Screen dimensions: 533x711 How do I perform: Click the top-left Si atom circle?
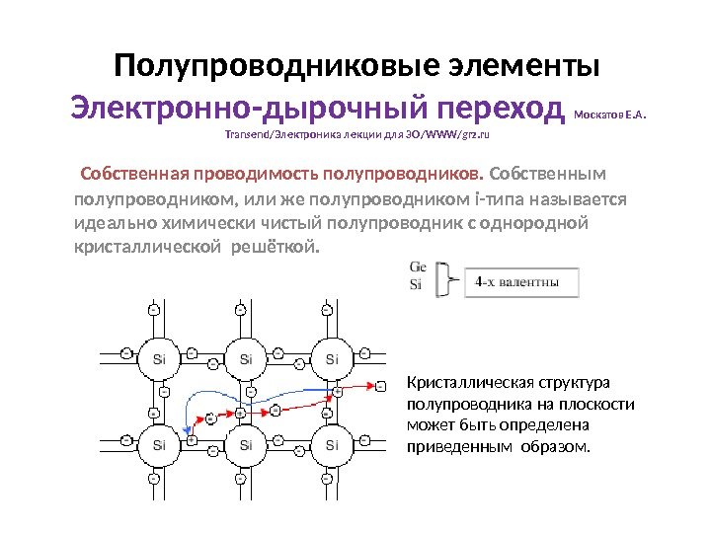(159, 358)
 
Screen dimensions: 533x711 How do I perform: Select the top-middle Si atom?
(245, 358)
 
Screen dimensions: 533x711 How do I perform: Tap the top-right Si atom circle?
(331, 358)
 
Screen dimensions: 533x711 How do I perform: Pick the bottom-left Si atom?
(159, 445)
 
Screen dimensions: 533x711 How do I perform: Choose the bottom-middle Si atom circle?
(245, 445)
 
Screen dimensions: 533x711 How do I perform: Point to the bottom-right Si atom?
(331, 445)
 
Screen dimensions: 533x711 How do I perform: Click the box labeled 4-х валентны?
(517, 281)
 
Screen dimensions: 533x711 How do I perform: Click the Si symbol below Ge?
(416, 285)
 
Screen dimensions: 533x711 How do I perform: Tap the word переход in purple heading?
(503, 106)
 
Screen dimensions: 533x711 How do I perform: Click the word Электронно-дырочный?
(253, 106)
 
